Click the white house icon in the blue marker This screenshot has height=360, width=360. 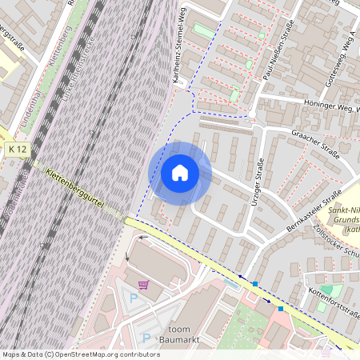click(x=180, y=173)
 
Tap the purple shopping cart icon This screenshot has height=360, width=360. click(x=143, y=285)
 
